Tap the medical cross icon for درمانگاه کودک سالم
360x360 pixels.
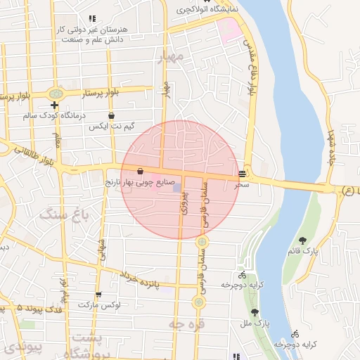pos(54,105)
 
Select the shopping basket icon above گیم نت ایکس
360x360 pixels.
pos(111,116)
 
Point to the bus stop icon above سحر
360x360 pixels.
pos(243,173)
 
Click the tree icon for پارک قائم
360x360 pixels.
pos(302,240)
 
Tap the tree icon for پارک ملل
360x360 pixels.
pos(255,312)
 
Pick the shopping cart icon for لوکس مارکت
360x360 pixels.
pos(98,295)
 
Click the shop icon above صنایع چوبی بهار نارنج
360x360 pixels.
pos(141,171)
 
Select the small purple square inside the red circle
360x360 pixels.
pos(176,187)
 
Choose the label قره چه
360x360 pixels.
pos(181,323)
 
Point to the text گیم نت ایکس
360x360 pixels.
pos(111,127)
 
